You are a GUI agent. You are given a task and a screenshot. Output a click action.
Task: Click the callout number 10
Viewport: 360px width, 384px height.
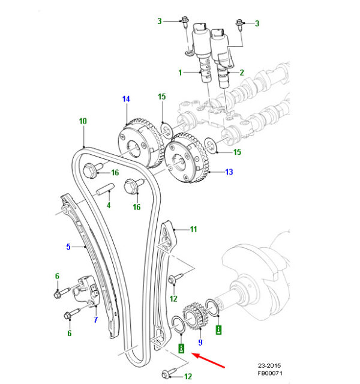click(83, 121)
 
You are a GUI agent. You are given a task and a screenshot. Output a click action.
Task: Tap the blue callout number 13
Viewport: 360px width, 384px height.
click(229, 172)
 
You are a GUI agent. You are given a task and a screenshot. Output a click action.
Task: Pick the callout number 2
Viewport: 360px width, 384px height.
click(242, 73)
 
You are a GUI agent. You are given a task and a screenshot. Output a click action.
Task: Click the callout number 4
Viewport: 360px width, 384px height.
click(109, 206)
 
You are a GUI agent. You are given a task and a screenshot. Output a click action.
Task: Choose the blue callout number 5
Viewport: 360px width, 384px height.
click(68, 246)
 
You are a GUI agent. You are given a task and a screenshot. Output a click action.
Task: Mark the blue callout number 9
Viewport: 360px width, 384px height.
click(200, 343)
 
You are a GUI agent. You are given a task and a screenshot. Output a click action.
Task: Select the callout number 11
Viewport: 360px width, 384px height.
click(194, 229)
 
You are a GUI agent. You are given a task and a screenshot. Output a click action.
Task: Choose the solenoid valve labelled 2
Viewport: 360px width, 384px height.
click(225, 66)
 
